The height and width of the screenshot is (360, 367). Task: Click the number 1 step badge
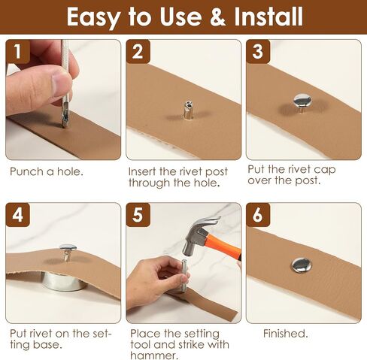pos(18,52)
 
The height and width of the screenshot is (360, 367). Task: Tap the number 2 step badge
pos(138,52)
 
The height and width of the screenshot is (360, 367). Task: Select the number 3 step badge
pos(258,52)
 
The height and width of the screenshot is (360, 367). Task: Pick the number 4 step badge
pos(18,215)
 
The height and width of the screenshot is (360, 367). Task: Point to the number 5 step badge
pos(138,215)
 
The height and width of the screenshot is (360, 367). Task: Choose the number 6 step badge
pos(258,215)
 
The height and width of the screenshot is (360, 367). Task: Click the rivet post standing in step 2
pos(188,110)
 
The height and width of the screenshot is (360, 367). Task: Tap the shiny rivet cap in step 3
pos(302,99)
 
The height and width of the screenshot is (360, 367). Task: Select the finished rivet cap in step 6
pos(302,265)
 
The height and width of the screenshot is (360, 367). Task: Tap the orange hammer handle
pos(223,246)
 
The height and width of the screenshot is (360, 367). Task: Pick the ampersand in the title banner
pos(217,17)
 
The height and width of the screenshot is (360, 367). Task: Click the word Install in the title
pos(268,17)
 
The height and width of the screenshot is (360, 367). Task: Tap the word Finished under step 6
pos(285,334)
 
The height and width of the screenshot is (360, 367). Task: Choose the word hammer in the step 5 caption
pos(154,355)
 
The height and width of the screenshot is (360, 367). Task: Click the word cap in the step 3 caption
pos(325,171)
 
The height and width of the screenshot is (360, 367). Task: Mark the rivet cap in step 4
pos(68,248)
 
